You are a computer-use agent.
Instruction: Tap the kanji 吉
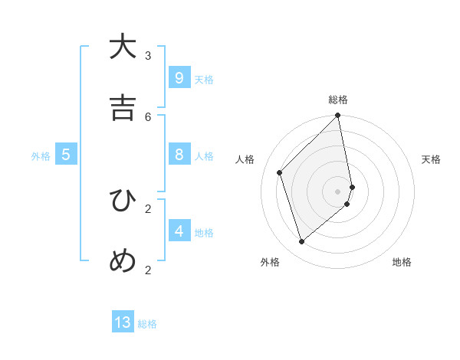tap(123, 108)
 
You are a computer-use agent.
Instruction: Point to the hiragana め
tap(123, 261)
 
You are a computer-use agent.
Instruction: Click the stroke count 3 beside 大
tap(148, 55)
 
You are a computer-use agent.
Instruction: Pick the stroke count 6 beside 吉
tap(148, 116)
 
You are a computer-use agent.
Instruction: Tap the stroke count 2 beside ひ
tap(148, 208)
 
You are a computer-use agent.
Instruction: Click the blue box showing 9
tap(179, 77)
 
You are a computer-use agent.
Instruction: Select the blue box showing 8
tap(179, 155)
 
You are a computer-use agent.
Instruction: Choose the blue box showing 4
tap(179, 231)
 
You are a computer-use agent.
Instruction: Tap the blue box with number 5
tap(66, 155)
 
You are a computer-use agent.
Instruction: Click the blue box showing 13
tap(123, 322)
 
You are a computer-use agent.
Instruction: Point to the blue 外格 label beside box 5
tap(41, 156)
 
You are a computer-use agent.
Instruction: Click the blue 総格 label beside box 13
tap(147, 324)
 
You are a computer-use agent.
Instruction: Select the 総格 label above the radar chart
tap(338, 100)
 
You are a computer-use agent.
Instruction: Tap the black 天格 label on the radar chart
tap(431, 159)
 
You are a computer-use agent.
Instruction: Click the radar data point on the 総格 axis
tap(338, 116)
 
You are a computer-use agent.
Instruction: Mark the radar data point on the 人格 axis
tap(280, 172)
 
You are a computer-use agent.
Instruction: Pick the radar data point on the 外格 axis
tap(302, 241)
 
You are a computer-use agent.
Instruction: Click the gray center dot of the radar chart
tap(338, 191)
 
